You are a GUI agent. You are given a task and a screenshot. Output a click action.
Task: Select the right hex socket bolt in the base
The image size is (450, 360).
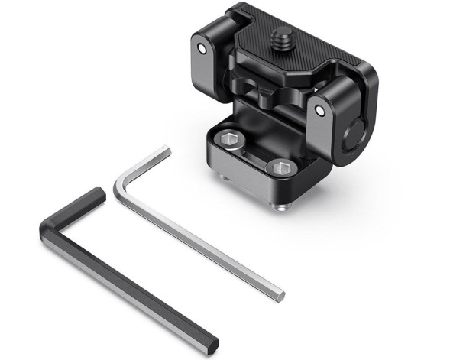click(280, 167)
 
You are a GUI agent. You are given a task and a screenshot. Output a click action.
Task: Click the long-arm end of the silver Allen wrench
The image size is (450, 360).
click(280, 294)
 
